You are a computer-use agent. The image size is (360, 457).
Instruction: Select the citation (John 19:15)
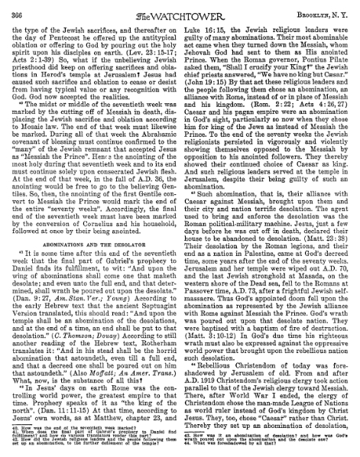(x=207, y=99)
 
